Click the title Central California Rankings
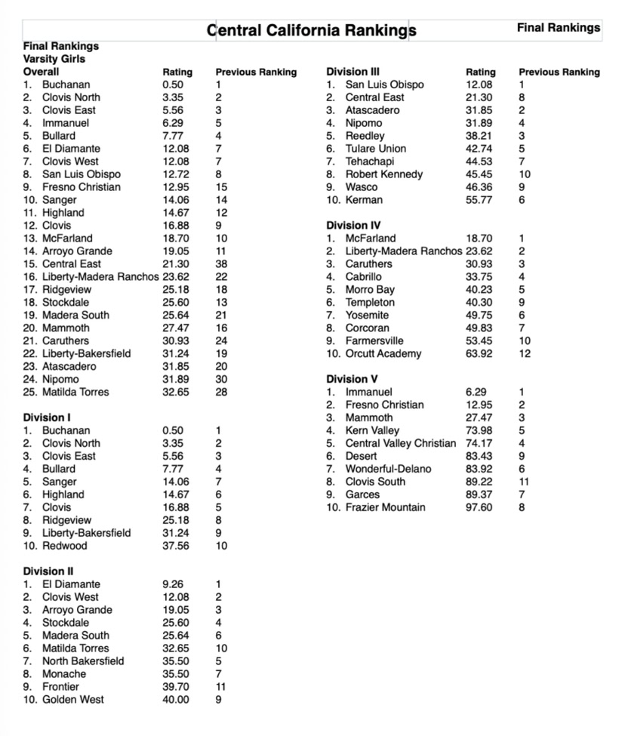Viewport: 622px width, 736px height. pos(311,31)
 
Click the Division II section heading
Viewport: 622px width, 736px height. pos(48,571)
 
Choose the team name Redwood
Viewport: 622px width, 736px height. pos(65,546)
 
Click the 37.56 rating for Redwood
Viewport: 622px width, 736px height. pos(177,546)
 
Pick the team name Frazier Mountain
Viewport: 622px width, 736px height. pos(385,507)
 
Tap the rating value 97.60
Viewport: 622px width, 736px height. pos(479,507)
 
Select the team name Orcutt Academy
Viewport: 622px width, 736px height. pos(383,353)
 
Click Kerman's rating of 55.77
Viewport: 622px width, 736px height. pos(479,200)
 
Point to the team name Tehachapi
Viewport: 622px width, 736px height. pos(370,162)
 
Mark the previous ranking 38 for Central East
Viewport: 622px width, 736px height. pos(222,264)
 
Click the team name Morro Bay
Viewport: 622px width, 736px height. pos(370,289)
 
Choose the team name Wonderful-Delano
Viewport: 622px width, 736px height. pos(388,469)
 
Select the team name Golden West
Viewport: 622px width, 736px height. pos(73,700)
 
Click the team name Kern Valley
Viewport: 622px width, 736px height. pos(372,430)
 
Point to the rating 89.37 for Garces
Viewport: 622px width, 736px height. pos(479,494)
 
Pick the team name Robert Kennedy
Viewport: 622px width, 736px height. pos(383,174)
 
